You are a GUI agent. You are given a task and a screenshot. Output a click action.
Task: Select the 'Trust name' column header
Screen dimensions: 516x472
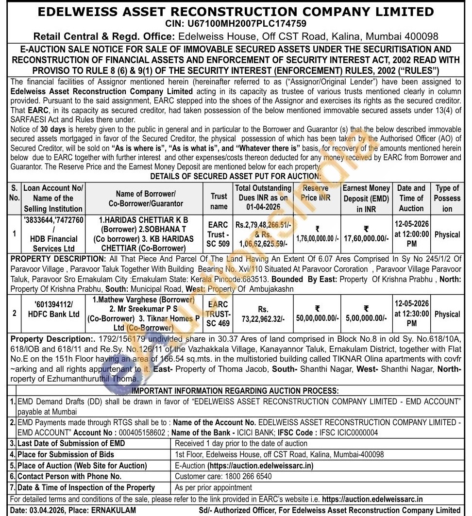click(219, 201)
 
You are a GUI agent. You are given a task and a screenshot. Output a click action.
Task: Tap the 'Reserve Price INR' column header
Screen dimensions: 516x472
click(316, 193)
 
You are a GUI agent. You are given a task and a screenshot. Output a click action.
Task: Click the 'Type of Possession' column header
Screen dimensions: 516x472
click(447, 198)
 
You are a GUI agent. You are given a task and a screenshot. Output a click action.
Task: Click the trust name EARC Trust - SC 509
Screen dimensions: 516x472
click(219, 234)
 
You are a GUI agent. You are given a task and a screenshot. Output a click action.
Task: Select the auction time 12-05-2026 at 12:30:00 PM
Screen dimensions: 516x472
click(411, 314)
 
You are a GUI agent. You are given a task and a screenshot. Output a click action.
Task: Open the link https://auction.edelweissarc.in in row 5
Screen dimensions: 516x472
click(260, 466)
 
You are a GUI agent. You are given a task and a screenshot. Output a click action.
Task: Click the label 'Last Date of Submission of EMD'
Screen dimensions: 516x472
click(71, 443)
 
